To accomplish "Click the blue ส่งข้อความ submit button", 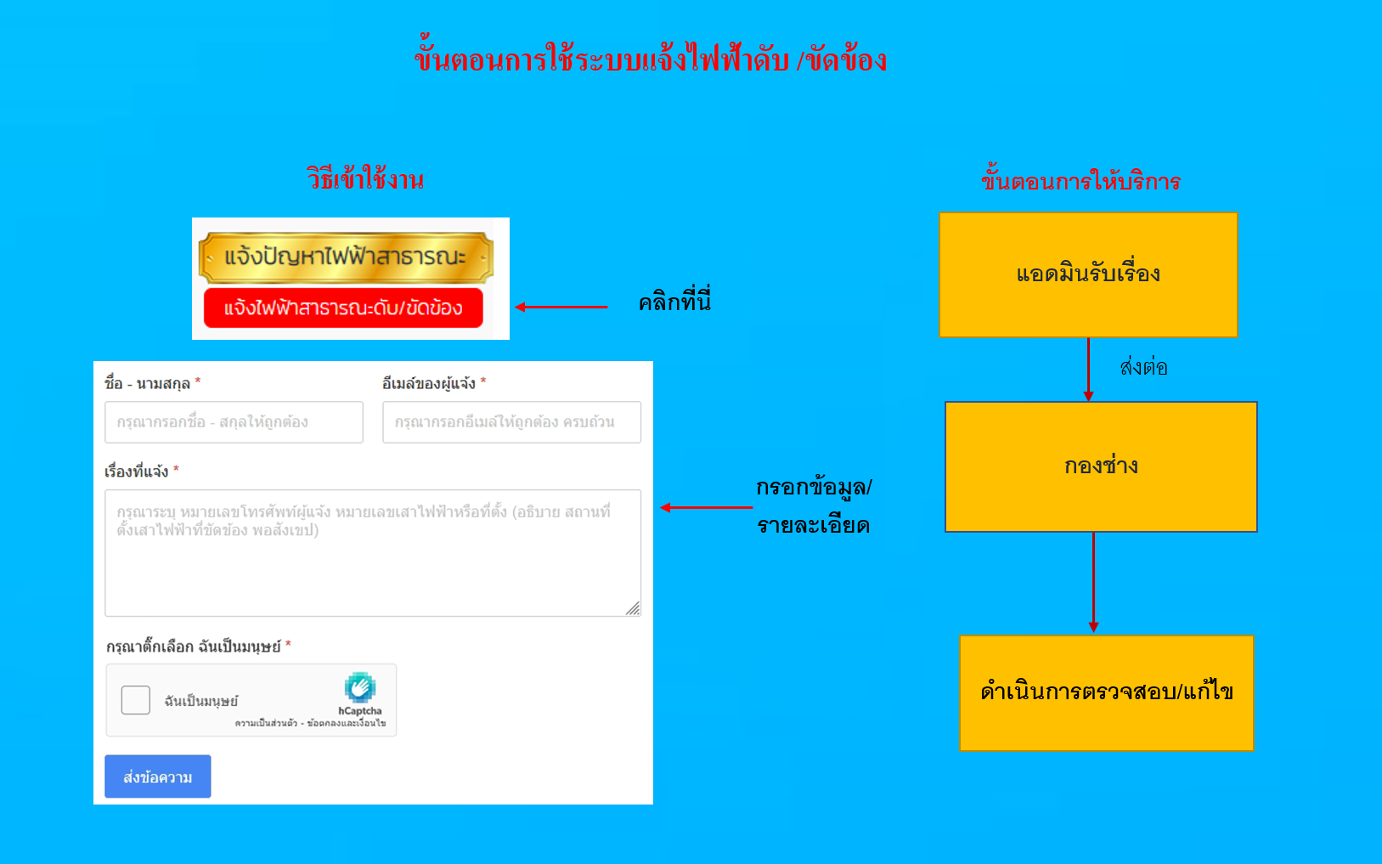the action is [158, 776].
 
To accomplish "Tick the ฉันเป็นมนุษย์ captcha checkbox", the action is [136, 700].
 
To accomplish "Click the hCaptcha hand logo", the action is [360, 687].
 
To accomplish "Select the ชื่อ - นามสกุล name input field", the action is [234, 422].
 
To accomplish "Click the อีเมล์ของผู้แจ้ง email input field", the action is [511, 422].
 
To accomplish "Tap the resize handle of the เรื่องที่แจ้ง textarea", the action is [633, 608].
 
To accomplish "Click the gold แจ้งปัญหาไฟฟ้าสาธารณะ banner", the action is [346, 257].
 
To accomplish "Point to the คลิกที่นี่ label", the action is [675, 302].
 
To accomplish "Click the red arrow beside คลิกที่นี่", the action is [561, 307].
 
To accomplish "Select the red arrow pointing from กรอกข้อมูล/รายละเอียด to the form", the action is [707, 507].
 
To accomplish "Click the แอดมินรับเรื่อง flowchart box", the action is [1088, 274].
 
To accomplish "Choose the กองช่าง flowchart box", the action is [1102, 466].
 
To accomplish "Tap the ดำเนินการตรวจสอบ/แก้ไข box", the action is [1107, 692].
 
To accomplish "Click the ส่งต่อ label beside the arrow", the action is [1144, 367].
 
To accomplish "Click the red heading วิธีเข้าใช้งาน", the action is [365, 179].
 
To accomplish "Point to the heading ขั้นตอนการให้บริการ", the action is [1081, 180].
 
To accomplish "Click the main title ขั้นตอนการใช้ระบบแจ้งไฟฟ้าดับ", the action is [601, 59].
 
